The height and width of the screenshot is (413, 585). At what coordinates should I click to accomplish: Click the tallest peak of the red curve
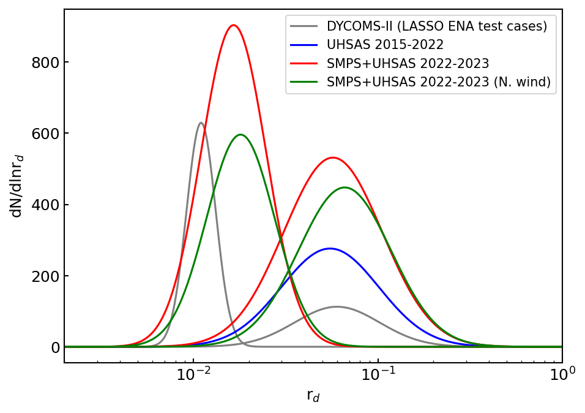tap(233, 26)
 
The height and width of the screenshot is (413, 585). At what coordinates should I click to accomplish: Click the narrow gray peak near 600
tap(201, 123)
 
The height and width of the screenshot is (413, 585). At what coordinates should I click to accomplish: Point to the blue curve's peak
tap(330, 248)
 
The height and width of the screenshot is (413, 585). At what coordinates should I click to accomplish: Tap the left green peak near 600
tap(240, 135)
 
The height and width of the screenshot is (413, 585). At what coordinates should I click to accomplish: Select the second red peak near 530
tap(332, 157)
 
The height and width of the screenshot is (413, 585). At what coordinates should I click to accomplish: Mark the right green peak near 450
tap(345, 188)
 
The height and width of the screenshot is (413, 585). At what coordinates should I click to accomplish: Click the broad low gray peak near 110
tap(337, 306)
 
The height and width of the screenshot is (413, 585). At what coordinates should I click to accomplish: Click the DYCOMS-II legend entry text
tap(436, 26)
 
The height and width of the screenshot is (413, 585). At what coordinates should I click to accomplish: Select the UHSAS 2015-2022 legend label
tap(385, 45)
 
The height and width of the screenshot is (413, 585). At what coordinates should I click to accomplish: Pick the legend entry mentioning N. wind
tap(438, 81)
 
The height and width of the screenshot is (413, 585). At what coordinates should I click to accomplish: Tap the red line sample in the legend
tap(304, 63)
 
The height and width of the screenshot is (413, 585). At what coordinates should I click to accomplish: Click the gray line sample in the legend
tap(304, 26)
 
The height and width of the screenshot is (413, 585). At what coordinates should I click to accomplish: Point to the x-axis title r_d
tap(313, 396)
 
